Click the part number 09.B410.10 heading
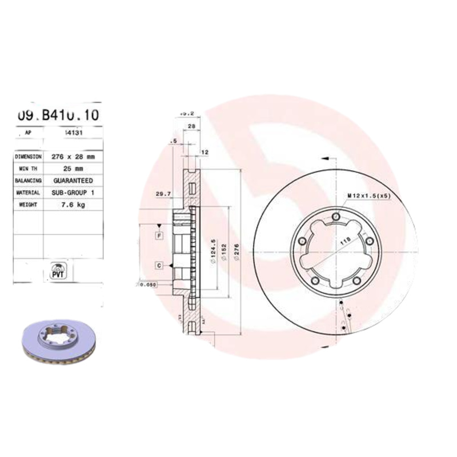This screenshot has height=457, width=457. click(x=58, y=115)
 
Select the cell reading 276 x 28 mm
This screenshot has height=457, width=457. click(x=73, y=156)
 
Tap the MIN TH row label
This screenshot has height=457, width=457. click(x=28, y=169)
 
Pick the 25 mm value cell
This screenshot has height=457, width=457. click(x=73, y=169)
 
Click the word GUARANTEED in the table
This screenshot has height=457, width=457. click(x=73, y=181)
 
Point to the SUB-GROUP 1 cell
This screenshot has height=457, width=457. click(x=73, y=193)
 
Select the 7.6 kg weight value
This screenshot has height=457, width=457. click(x=73, y=205)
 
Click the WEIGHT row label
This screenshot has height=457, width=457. click(x=28, y=205)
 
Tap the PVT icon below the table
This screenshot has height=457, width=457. click(x=58, y=270)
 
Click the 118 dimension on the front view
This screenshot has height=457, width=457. click(x=345, y=242)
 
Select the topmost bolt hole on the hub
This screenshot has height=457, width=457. click(x=335, y=217)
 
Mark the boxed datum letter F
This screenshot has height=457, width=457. click(x=159, y=235)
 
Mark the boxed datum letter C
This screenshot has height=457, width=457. click(x=159, y=265)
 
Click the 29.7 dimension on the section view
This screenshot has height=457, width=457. click(x=163, y=194)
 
